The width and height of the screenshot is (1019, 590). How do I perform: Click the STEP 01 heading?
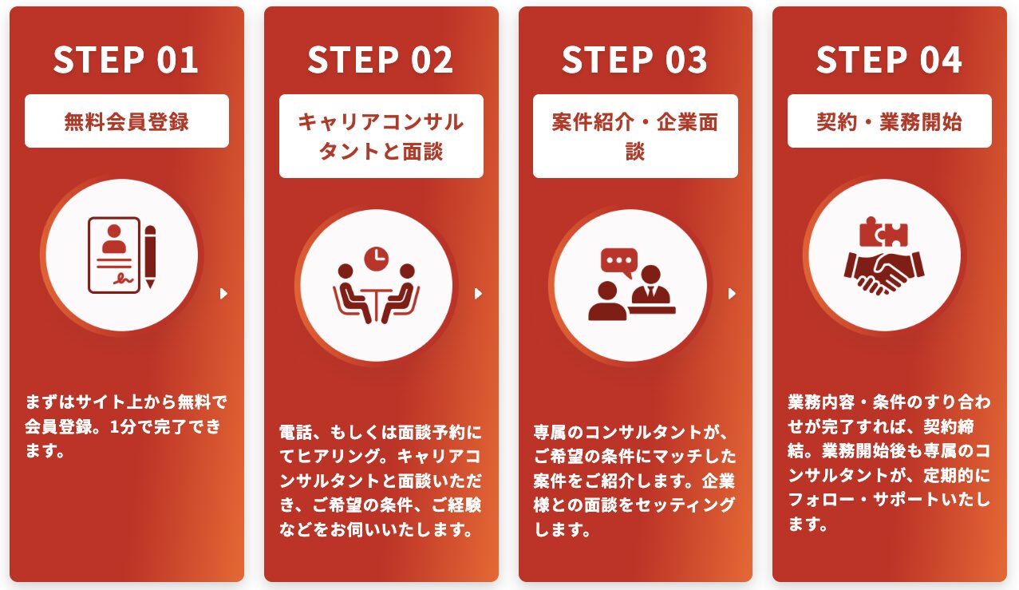(126, 61)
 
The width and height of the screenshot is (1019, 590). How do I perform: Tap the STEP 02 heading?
(381, 61)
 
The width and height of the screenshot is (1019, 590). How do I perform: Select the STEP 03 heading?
(634, 61)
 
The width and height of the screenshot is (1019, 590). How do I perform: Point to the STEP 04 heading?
(889, 61)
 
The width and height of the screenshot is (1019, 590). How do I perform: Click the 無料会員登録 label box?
(127, 121)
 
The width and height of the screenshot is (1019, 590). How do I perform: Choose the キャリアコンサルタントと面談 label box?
(381, 136)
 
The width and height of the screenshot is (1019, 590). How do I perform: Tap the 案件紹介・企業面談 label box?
(635, 136)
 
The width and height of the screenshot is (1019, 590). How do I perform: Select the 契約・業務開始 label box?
(889, 121)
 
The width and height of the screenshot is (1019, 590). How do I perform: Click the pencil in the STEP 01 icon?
(150, 255)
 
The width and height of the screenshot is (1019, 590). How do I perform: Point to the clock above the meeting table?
(375, 258)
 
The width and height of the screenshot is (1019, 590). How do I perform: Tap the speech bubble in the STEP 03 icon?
(619, 262)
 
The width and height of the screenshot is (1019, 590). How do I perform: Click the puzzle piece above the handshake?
(883, 233)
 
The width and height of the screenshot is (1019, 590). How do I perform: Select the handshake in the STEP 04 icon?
(883, 271)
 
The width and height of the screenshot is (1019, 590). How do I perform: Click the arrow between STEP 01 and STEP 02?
(223, 294)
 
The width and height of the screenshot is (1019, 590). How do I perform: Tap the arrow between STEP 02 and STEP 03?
(478, 294)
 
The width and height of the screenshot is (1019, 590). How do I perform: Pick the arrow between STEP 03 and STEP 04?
(732, 294)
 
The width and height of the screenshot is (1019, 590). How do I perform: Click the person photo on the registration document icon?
(115, 238)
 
